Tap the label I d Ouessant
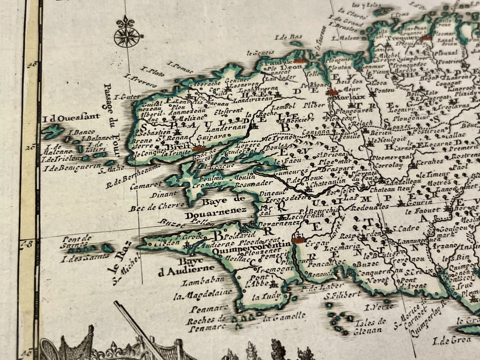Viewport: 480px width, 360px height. click(x=71, y=117)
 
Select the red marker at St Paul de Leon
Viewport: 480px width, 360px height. click(x=299, y=61)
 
